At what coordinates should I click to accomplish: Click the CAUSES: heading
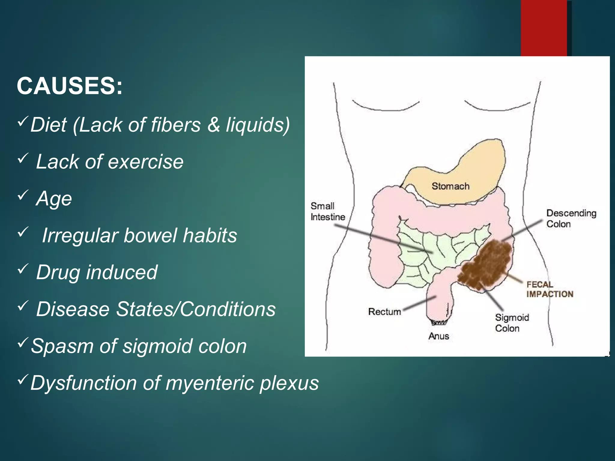[x=70, y=86]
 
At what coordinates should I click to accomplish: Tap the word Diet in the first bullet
[x=48, y=125]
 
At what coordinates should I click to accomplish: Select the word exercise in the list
[x=146, y=162]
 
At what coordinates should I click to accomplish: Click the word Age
[x=54, y=199]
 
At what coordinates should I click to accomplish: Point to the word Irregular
[x=80, y=235]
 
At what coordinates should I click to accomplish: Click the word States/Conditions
[x=196, y=309]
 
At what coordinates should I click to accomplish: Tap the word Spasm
[x=62, y=346]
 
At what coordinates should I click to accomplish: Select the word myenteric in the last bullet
[x=209, y=383]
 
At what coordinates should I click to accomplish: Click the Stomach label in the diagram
[x=450, y=186]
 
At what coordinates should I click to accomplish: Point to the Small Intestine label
[x=328, y=211]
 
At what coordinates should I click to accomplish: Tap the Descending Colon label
[x=571, y=218]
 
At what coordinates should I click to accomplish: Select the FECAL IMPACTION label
[x=550, y=289]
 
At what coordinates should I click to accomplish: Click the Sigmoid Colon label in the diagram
[x=512, y=323]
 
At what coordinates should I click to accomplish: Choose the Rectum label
[x=384, y=312]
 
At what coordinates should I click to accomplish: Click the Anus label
[x=439, y=336]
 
